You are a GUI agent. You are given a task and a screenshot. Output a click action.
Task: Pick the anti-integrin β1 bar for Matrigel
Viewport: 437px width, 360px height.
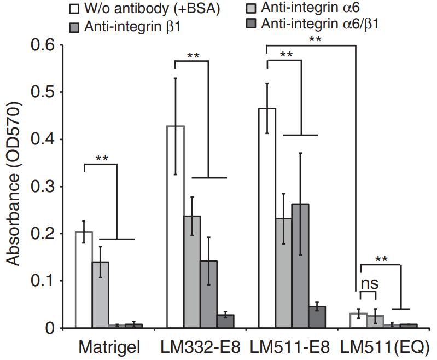pos(100,295)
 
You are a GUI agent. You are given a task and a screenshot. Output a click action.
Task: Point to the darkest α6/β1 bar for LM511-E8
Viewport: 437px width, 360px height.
pos(317,317)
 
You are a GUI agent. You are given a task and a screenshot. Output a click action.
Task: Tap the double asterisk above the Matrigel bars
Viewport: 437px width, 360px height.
pos(101,158)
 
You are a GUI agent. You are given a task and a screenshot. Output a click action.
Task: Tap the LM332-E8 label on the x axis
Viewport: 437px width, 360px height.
pos(200,347)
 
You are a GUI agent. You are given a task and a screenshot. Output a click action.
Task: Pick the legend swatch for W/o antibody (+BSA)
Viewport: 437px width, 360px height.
pos(73,9)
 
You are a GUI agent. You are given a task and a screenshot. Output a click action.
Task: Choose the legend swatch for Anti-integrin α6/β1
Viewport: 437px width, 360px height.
pos(252,24)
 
